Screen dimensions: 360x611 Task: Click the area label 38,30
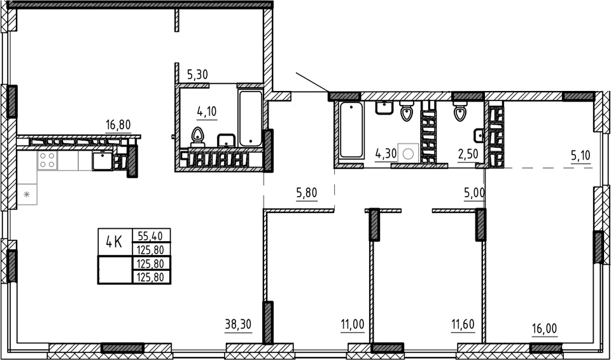pos(239,325)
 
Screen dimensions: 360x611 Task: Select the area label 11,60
pos(464,328)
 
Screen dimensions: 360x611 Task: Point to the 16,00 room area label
pos(544,329)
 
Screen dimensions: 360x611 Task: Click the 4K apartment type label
pos(114,242)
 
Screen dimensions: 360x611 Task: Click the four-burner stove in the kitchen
pos(47,160)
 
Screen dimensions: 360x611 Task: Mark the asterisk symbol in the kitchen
pos(27,193)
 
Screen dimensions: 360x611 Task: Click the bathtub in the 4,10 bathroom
pos(251,118)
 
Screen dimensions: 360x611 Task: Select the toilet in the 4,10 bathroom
pos(198,136)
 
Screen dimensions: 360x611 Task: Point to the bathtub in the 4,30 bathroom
pos(351,130)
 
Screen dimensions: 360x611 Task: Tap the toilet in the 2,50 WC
pos(460,113)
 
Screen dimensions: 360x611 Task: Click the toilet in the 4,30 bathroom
pos(406,114)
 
